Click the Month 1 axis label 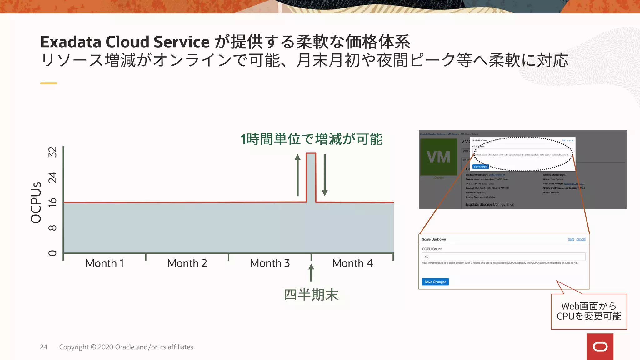(x=104, y=263)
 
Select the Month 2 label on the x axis (x=187, y=263)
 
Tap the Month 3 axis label (x=270, y=263)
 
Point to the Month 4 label (x=352, y=263)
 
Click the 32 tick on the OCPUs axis (x=52, y=152)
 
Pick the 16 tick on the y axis (x=52, y=202)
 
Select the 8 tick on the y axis (x=52, y=228)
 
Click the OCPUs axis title (x=36, y=202)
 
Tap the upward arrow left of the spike (x=298, y=175)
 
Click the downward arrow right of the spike (x=325, y=175)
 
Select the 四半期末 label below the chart (x=311, y=295)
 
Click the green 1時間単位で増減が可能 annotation (x=311, y=139)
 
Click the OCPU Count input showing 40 (x=503, y=257)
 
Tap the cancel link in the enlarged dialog (x=581, y=239)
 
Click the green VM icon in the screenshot (x=438, y=157)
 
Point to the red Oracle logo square (x=600, y=347)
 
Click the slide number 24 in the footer (x=43, y=347)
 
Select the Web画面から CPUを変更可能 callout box (x=589, y=312)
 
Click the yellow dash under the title (x=49, y=83)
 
